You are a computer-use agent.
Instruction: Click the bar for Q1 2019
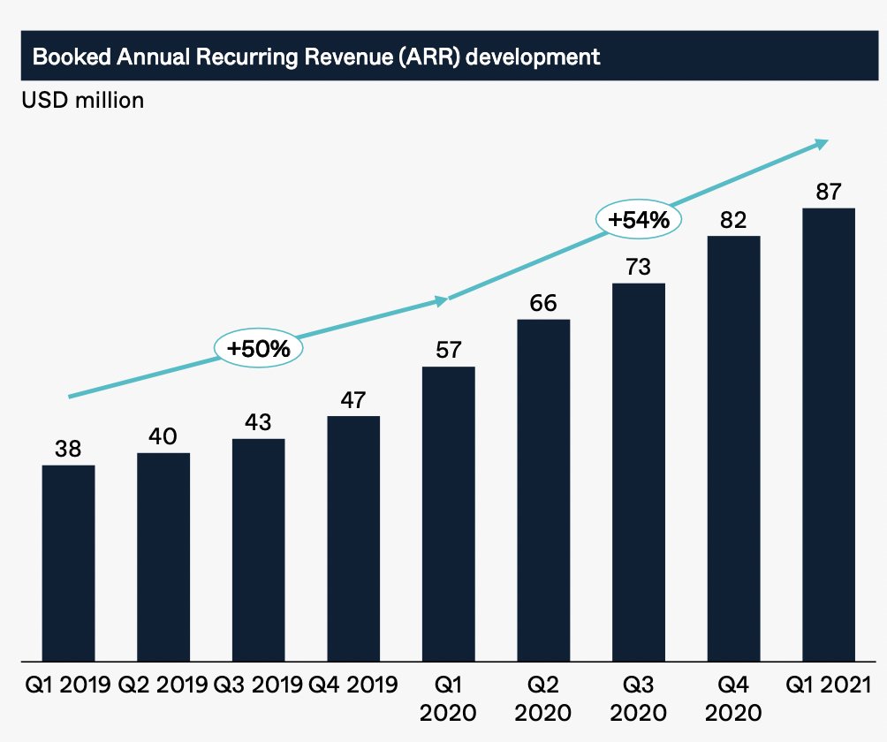[x=68, y=563]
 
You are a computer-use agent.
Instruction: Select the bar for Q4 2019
[x=353, y=538]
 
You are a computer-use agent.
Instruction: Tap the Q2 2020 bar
[x=543, y=489]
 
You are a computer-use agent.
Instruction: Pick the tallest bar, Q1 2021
[x=828, y=434]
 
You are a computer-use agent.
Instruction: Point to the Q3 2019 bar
[x=258, y=549]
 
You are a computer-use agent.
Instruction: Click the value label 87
[x=828, y=192]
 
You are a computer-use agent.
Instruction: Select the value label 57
[x=449, y=349]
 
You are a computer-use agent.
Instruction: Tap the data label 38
[x=68, y=448]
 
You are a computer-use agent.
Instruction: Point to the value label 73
[x=638, y=266]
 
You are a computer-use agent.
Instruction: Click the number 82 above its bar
[x=733, y=219]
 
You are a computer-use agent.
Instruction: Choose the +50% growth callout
[x=258, y=348]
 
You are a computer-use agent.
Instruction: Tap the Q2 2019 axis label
[x=163, y=685]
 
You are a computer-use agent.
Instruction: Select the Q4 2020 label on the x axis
[x=733, y=697]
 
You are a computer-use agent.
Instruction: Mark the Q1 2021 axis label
[x=828, y=685]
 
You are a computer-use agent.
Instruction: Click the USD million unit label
[x=82, y=100]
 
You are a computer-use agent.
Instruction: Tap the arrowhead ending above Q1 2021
[x=823, y=142]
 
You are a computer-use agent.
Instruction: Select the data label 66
[x=543, y=302]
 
